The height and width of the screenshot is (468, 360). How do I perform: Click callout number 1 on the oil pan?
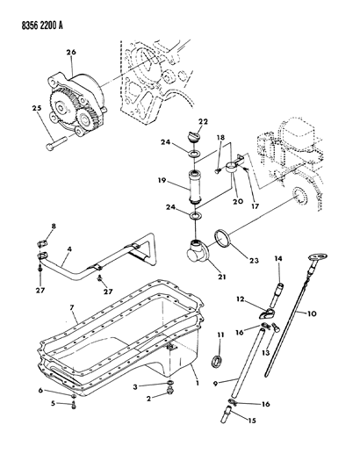pyautogui.click(x=197, y=384)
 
